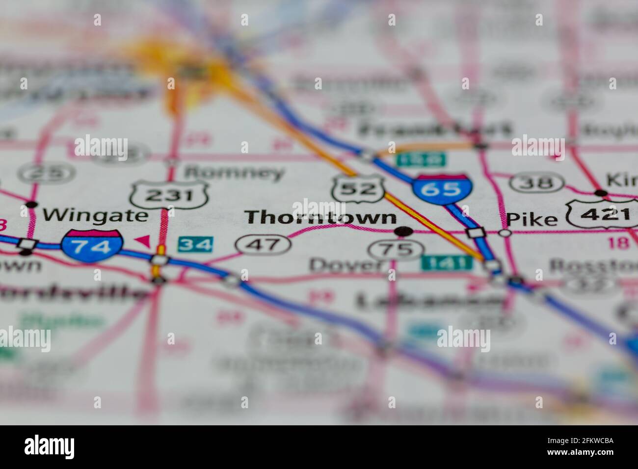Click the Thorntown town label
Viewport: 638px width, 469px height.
pos(320,217)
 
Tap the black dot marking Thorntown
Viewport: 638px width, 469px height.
pos(403,231)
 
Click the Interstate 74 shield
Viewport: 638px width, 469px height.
pos(92,245)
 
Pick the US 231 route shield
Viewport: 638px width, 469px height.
pos(170,195)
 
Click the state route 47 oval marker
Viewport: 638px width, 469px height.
pos(262,243)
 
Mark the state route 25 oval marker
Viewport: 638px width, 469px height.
pos(47,173)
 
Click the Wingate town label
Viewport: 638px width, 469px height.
pos(95,215)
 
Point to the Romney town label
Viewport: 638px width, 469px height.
pos(234,172)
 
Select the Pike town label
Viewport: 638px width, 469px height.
pos(532,219)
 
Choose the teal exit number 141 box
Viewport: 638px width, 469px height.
pos(446,263)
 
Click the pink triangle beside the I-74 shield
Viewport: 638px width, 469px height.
pos(142,240)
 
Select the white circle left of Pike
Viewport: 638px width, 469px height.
pos(504,233)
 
